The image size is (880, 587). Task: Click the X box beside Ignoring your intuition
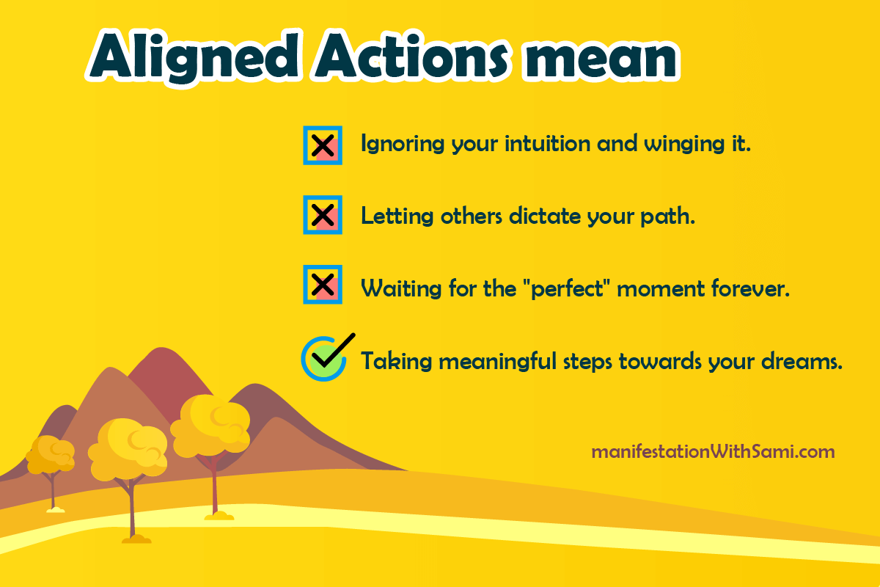point(323,145)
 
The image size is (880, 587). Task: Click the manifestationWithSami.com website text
point(713,451)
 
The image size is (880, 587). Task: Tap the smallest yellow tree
point(50,455)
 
